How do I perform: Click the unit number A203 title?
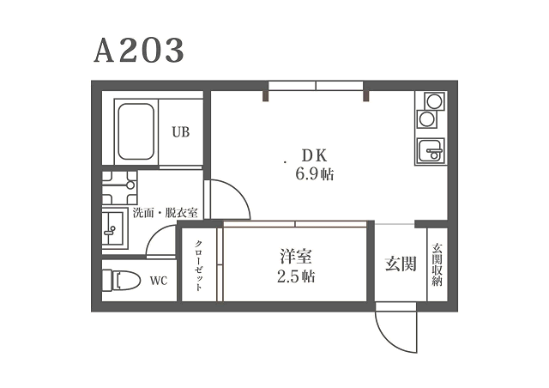(x=139, y=51)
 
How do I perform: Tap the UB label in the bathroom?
(x=181, y=132)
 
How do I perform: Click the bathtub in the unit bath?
(x=136, y=131)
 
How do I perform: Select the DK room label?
(x=315, y=155)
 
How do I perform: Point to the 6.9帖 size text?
(x=315, y=174)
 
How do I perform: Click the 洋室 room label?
(x=296, y=256)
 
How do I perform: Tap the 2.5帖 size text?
(x=296, y=276)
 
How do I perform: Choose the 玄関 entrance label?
(x=401, y=264)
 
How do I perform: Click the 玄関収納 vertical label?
(x=437, y=265)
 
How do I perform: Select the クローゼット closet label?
(x=198, y=265)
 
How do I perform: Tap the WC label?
(x=159, y=281)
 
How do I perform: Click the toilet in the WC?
(x=122, y=280)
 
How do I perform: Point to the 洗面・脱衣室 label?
(x=166, y=213)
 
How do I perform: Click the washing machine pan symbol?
(x=119, y=188)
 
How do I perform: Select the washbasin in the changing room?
(x=115, y=229)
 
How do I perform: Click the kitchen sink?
(x=431, y=151)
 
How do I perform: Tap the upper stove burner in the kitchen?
(x=435, y=101)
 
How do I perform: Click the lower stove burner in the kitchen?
(x=427, y=119)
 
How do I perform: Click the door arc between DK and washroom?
(x=239, y=191)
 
